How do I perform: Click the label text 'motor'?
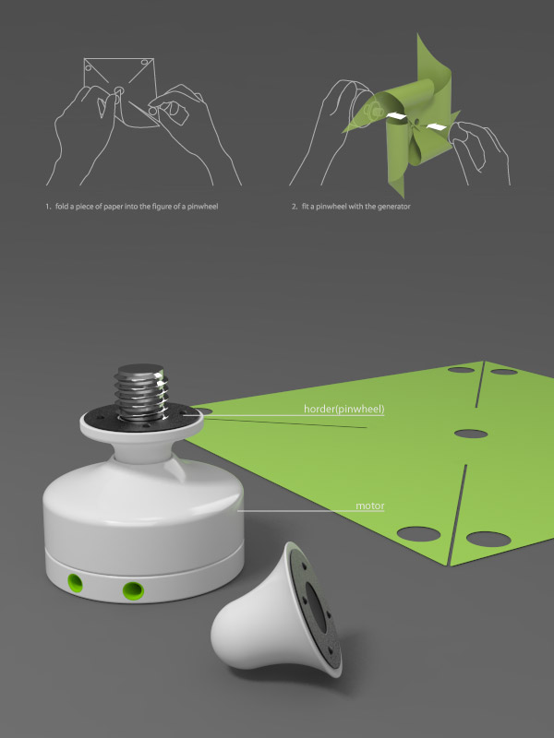coord(370,506)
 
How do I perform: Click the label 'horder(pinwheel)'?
coord(343,409)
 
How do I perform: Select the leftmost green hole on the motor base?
coord(75,583)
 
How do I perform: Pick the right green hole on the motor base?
coord(133,590)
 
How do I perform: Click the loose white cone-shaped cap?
coord(276,613)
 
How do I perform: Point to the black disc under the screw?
coord(141,417)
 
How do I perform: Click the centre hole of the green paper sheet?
coord(471,434)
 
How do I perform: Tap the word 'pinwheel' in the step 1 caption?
coord(202,206)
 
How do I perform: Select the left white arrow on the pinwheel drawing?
coord(396,116)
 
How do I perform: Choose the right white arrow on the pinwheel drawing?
coord(436,125)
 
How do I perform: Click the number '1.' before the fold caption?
coord(48,206)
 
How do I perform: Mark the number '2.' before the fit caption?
coord(295,206)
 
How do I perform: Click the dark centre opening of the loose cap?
coord(317,606)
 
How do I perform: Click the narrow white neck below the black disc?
coord(141,452)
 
